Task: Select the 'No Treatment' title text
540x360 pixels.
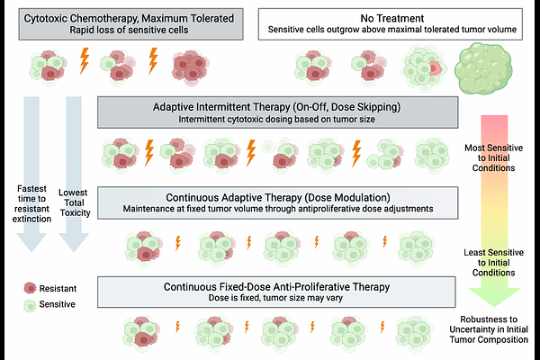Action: [x=392, y=17]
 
